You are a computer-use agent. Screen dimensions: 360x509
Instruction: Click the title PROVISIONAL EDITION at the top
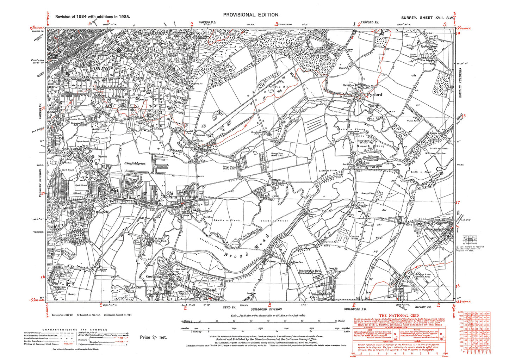pos(251,15)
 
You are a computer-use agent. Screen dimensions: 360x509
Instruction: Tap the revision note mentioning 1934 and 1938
pos(93,17)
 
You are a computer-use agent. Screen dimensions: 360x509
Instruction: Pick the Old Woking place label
pos(170,195)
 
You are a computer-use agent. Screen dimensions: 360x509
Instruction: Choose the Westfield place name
pos(102,212)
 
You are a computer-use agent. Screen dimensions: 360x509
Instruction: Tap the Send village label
pos(211,290)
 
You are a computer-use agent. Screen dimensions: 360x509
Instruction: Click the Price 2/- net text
pos(153,337)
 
